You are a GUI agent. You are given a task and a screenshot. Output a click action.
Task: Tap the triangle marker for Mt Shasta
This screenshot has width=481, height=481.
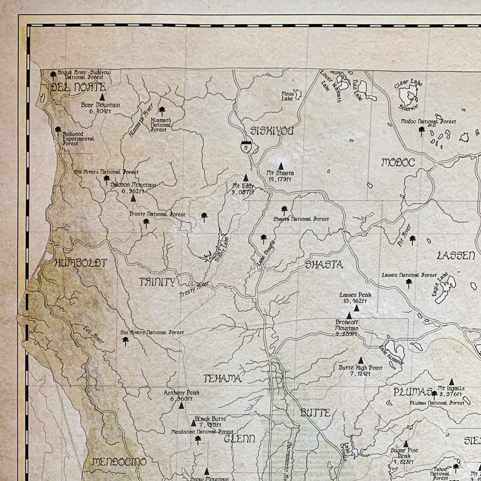click(281, 165)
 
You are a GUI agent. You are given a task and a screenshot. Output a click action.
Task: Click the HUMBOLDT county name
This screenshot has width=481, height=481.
click(81, 263)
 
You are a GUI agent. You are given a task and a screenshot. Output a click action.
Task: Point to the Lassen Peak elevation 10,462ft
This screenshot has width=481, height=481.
click(355, 301)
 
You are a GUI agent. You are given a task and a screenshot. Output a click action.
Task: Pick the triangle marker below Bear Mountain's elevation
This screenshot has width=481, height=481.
click(102, 97)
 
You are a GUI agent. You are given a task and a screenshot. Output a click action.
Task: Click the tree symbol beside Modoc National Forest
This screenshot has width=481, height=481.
click(422, 129)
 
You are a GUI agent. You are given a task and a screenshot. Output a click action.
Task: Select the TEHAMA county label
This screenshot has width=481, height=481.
click(222, 379)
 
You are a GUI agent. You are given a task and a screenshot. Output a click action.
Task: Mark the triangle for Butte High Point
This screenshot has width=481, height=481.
click(361, 360)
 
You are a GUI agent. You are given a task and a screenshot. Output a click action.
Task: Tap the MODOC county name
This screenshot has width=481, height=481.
click(398, 162)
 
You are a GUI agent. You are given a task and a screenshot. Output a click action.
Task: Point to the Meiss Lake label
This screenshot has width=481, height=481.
click(287, 96)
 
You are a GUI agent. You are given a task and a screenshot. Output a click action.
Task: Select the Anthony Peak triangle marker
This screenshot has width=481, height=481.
click(181, 405)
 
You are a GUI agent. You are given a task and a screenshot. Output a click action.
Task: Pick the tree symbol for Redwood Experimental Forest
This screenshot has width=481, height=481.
click(58, 129)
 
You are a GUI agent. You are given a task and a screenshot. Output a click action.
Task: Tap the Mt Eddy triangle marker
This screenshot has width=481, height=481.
click(246, 177)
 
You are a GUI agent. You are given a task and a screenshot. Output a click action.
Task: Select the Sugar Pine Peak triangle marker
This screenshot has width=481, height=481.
click(405, 444)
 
